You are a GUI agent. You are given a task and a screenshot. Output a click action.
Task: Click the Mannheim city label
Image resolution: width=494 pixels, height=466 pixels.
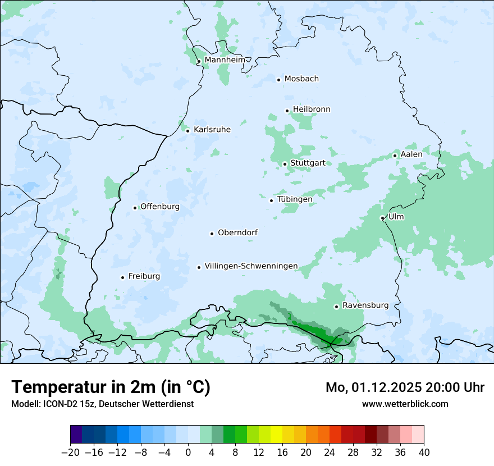point(225,60)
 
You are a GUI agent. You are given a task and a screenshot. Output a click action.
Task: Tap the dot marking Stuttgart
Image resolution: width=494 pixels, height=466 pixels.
point(285,164)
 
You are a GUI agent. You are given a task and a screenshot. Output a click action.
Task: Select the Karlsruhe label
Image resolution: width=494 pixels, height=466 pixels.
point(212,130)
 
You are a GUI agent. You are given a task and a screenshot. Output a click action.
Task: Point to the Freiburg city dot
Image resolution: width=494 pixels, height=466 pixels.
point(122,277)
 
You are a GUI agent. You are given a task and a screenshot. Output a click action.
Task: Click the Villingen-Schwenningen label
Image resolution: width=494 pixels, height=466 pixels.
point(251,266)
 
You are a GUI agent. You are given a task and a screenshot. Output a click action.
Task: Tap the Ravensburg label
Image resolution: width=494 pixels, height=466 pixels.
point(365,305)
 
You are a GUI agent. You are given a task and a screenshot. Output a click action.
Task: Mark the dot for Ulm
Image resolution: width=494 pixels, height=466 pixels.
point(382,218)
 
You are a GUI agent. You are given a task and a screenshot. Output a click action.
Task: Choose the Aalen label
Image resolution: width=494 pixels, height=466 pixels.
point(411,154)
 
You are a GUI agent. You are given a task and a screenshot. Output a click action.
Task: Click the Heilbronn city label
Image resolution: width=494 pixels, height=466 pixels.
point(312,109)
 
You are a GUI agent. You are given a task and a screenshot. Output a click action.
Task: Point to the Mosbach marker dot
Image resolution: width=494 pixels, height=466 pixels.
point(278,80)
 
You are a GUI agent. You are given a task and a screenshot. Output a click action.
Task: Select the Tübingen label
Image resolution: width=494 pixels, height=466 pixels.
point(295,199)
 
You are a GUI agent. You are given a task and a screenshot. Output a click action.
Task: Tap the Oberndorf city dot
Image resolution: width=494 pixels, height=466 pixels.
point(212,234)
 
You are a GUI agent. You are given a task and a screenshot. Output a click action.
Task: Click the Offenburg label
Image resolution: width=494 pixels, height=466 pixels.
point(160,207)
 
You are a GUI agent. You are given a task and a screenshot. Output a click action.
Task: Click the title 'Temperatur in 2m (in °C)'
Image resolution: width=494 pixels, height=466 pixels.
point(111,387)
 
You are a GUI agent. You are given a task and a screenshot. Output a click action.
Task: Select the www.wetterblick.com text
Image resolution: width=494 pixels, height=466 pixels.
point(405,404)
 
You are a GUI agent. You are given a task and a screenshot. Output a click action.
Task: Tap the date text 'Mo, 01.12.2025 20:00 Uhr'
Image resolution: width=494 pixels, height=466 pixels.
point(405,387)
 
